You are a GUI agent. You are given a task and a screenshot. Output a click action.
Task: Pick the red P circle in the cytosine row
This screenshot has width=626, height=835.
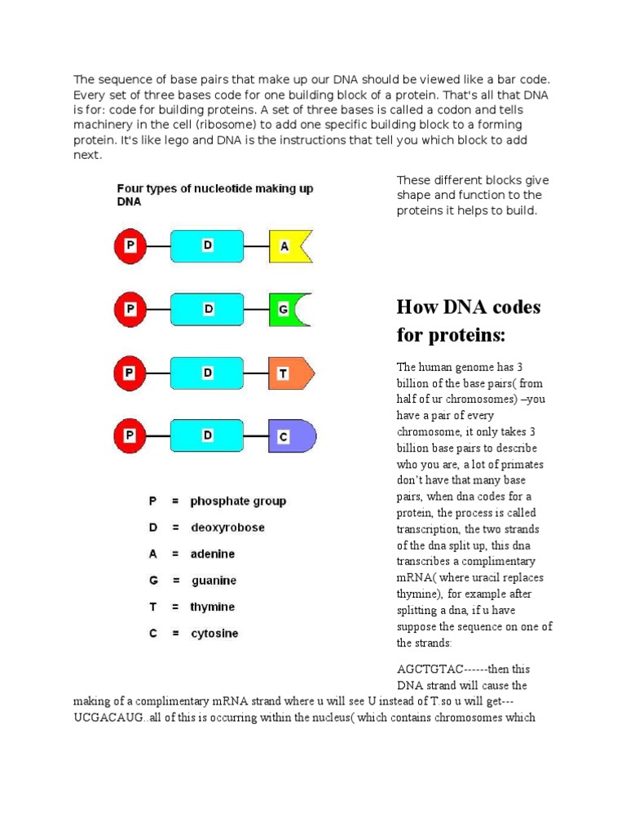(x=130, y=436)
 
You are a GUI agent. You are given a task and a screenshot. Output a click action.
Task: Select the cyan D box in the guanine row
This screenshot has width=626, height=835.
(x=207, y=310)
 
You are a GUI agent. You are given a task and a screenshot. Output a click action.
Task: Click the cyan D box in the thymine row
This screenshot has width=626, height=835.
(x=207, y=373)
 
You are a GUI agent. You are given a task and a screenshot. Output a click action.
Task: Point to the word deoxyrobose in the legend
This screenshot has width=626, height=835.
(x=227, y=528)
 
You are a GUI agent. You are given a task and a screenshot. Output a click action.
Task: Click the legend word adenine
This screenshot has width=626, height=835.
(x=212, y=554)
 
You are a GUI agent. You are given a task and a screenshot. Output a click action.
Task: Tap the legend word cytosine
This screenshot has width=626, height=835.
(x=214, y=634)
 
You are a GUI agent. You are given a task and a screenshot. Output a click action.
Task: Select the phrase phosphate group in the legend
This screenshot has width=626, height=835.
(x=238, y=501)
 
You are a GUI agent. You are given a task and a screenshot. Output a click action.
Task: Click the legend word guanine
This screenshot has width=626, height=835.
(x=214, y=581)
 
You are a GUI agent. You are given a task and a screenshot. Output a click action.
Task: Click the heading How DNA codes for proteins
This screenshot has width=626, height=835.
(x=468, y=320)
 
